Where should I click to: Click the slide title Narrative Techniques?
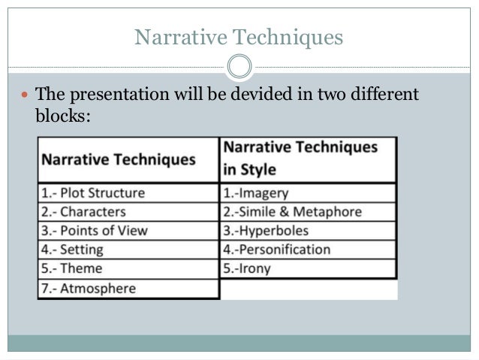click(239, 36)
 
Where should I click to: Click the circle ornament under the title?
click(239, 67)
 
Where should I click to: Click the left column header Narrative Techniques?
click(118, 159)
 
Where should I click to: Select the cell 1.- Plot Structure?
click(93, 192)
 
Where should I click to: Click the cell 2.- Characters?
click(83, 212)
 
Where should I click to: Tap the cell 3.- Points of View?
click(94, 231)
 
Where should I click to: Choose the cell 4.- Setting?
click(72, 250)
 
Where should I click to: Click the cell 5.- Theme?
click(72, 268)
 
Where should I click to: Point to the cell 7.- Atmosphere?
click(88, 288)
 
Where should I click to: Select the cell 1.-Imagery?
click(255, 192)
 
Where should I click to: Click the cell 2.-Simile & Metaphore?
click(293, 212)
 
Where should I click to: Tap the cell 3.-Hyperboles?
click(266, 231)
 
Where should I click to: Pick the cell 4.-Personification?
click(277, 250)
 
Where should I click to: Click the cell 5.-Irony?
click(248, 268)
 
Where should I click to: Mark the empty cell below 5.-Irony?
click(308, 289)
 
